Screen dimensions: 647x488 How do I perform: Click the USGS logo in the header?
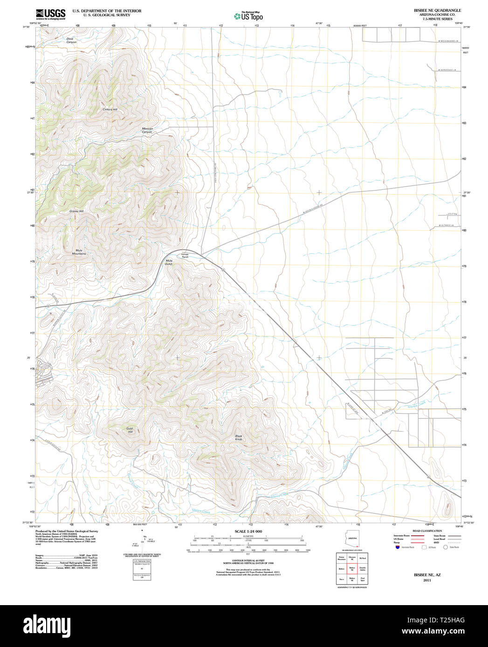click(50, 14)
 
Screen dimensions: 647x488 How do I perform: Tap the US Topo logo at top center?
click(248, 16)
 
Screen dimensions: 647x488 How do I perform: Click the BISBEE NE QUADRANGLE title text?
click(431, 10)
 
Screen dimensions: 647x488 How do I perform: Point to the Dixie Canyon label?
click(71, 40)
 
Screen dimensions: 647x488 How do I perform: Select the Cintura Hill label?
click(110, 109)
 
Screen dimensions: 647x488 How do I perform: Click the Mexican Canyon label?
click(147, 130)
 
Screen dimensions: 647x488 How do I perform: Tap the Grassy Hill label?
click(76, 211)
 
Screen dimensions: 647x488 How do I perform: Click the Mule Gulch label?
click(169, 262)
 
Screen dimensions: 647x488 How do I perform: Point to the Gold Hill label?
click(130, 430)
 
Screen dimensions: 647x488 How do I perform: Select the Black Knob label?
click(239, 438)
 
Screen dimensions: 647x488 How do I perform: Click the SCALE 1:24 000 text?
click(248, 531)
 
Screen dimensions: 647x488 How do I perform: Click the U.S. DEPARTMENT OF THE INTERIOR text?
click(107, 10)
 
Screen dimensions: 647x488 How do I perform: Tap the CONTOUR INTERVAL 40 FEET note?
click(248, 561)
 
